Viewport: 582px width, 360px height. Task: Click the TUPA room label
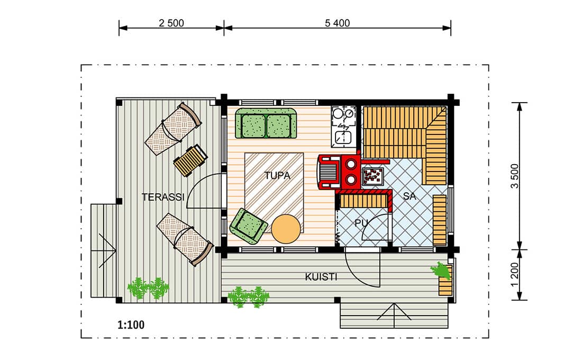click(277, 175)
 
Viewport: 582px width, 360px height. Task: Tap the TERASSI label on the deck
click(163, 197)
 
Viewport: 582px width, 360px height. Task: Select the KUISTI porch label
click(321, 277)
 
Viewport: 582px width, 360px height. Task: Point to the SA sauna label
click(410, 196)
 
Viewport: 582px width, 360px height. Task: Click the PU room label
click(361, 223)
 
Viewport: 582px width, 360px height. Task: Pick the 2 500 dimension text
click(171, 23)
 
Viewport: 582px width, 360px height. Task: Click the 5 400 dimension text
click(338, 23)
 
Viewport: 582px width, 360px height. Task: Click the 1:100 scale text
click(131, 325)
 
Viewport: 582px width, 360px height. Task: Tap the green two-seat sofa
click(266, 123)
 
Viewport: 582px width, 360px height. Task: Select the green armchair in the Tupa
click(248, 226)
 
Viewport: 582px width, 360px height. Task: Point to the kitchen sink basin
click(343, 138)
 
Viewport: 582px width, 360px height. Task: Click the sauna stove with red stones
click(372, 176)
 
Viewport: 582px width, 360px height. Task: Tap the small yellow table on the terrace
click(190, 160)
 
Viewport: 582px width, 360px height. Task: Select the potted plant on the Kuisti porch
click(441, 270)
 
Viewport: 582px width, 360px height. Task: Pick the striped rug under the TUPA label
click(274, 193)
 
